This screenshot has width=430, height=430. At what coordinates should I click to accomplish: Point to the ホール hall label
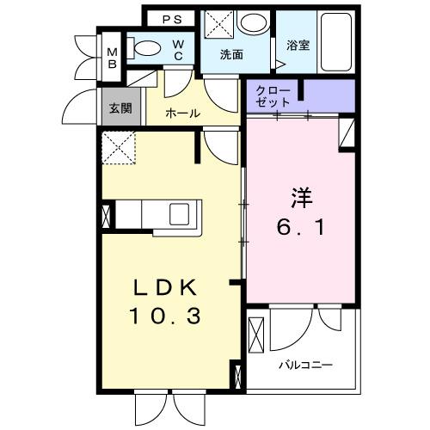tap(182, 113)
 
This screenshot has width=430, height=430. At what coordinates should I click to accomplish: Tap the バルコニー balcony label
tap(304, 365)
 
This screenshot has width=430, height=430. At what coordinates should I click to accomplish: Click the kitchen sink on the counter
tap(183, 212)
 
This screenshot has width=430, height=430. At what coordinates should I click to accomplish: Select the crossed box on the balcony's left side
tap(255, 335)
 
